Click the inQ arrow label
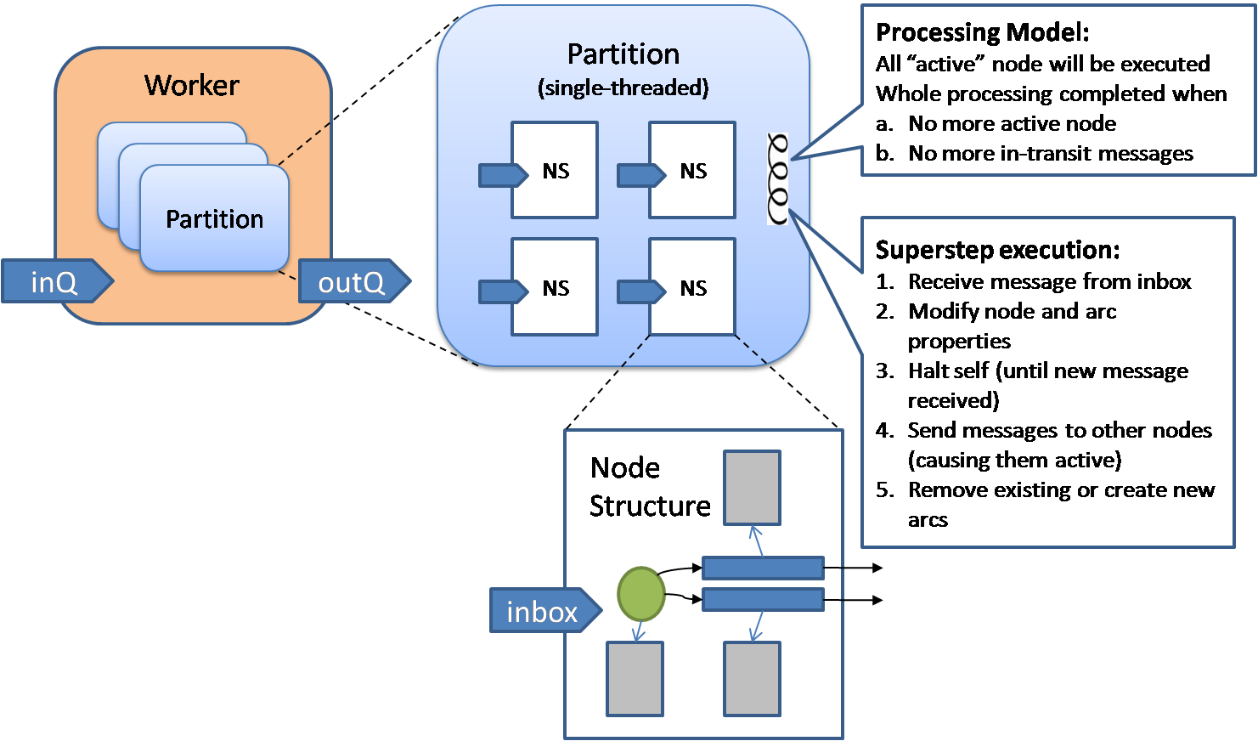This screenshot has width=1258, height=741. click(x=54, y=282)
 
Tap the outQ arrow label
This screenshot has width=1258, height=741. click(x=352, y=282)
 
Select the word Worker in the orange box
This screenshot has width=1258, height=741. click(x=192, y=85)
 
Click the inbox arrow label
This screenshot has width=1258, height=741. click(x=542, y=612)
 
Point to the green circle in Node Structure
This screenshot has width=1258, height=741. click(x=640, y=594)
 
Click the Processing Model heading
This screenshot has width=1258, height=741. click(x=982, y=32)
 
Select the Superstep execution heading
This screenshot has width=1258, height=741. click(x=997, y=250)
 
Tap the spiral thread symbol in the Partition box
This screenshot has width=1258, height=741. click(x=777, y=178)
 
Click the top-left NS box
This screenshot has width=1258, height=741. click(x=555, y=171)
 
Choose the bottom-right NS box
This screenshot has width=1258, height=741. click(x=692, y=287)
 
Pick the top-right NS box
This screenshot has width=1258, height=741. click(x=692, y=171)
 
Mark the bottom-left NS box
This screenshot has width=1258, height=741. click(x=555, y=287)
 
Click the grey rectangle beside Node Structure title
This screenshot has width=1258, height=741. click(x=752, y=488)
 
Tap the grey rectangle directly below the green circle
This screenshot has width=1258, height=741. click(x=635, y=679)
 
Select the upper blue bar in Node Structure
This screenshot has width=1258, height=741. click(x=763, y=568)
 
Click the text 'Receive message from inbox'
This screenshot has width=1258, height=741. click(x=1049, y=281)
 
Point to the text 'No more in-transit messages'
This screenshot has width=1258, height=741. click(x=1051, y=153)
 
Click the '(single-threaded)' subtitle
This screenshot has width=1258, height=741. click(x=623, y=88)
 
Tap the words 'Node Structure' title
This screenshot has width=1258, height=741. click(x=649, y=487)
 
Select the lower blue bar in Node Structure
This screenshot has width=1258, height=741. click(x=763, y=599)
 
